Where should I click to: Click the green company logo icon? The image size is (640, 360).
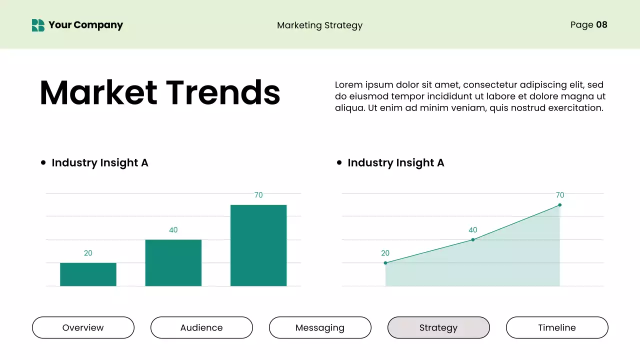pos(38,25)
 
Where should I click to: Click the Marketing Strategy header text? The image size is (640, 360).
pos(319,25)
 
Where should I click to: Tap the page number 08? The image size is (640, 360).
pos(601,24)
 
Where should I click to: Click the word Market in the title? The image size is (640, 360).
pos(98,92)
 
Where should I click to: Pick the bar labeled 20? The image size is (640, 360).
pos(88,274)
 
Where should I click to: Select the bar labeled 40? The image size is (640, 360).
pos(173,263)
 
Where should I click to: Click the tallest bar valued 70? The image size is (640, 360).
pos(258,245)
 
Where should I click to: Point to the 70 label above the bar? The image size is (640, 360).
pos(258,195)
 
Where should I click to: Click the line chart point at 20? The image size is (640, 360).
pos(385,263)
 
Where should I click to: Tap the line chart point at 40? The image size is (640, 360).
pos(473,240)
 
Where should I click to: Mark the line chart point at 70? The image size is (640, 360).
pos(559,205)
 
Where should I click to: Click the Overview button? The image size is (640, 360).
pos(83,327)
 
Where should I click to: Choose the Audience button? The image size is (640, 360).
pos(201,327)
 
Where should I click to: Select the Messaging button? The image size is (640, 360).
pos(320,327)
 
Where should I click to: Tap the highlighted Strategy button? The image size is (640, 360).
pos(438,327)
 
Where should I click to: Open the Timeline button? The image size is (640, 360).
pos(557,327)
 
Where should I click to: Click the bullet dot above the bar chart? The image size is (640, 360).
pos(43,162)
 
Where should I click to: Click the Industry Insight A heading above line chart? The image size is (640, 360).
pos(395,162)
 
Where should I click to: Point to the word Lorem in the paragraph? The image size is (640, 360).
pos(348,85)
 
